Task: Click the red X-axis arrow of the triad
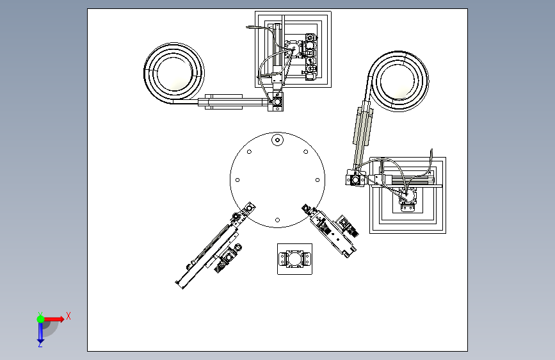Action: point(54,319)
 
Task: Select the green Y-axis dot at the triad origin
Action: point(41,319)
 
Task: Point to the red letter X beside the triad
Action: point(68,316)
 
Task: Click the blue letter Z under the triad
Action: point(40,345)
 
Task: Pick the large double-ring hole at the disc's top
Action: point(278,140)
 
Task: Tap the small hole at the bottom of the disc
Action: point(278,220)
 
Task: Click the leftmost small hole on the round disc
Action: point(237,180)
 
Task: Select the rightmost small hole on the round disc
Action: point(318,180)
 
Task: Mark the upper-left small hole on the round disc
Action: point(249,152)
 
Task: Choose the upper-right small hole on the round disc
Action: point(306,152)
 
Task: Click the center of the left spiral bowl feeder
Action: point(173,73)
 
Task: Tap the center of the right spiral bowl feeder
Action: point(399,81)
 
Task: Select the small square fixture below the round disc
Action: point(295,259)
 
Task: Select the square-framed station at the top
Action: point(293,49)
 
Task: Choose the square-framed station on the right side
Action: point(408,195)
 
